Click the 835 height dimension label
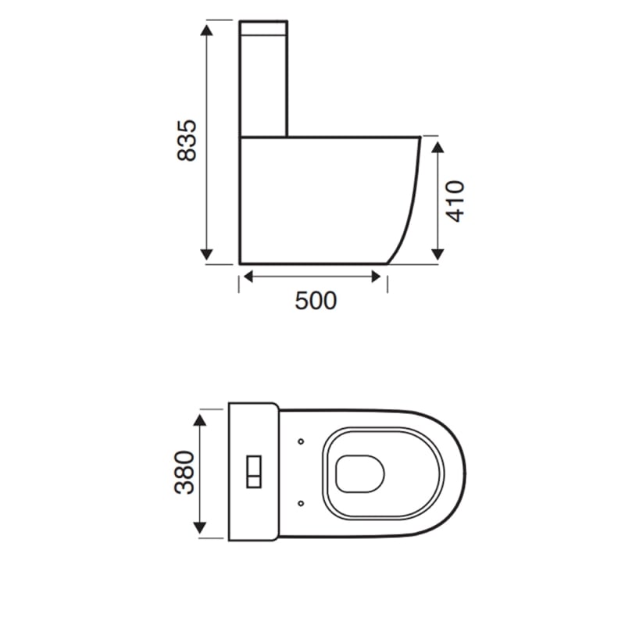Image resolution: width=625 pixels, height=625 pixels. click(x=187, y=141)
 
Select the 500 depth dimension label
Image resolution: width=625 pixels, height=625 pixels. click(x=316, y=300)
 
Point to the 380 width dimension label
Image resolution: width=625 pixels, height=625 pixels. click(x=184, y=472)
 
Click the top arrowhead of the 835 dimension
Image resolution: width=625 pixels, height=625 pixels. click(x=207, y=30)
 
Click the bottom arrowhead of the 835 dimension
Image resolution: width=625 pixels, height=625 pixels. click(x=207, y=254)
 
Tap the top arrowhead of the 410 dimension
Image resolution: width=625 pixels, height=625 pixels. click(x=437, y=145)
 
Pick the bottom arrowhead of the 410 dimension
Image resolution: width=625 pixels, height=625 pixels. click(x=437, y=254)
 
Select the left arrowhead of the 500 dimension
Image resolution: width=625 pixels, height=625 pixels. click(x=247, y=276)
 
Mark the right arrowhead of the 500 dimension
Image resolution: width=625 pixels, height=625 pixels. click(x=378, y=276)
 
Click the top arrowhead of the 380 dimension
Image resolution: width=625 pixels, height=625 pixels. click(x=202, y=420)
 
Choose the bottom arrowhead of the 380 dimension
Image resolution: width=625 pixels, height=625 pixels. click(x=202, y=527)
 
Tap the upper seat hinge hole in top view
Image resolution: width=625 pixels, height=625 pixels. click(x=301, y=441)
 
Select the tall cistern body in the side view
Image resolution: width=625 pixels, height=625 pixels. click(x=264, y=86)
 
